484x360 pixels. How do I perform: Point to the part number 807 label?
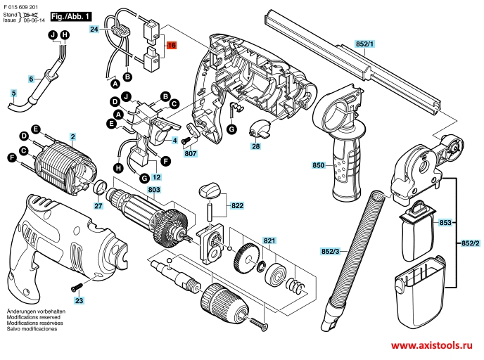(190, 153)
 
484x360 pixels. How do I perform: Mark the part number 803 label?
(155, 191)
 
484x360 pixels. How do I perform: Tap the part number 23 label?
(79, 301)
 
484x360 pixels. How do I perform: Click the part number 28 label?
(255, 146)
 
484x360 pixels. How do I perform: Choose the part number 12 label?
(156, 177)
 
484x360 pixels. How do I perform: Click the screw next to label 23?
(75, 288)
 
